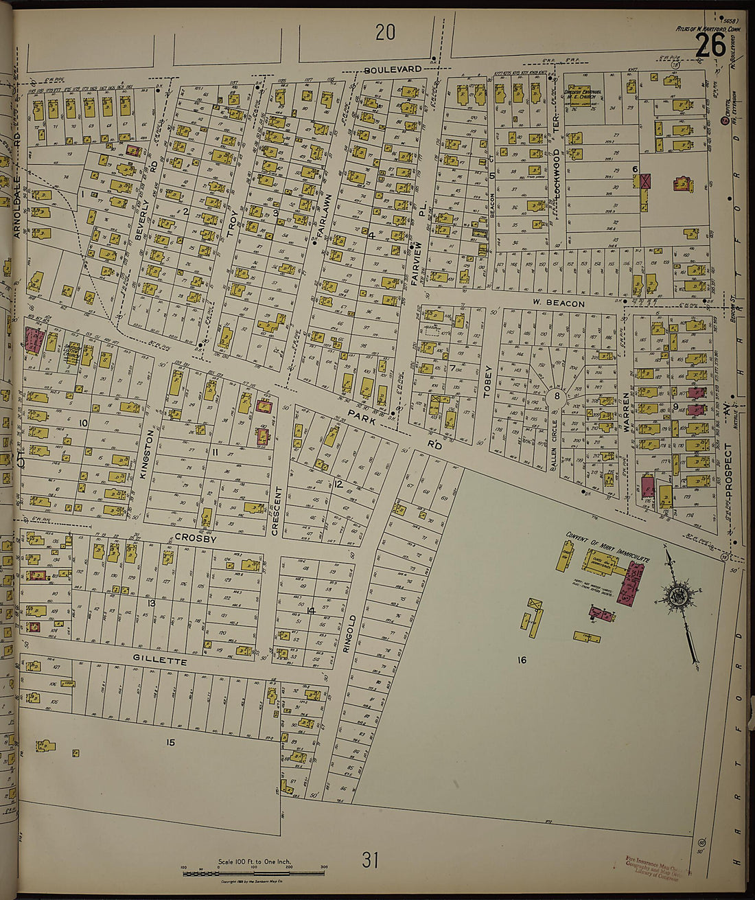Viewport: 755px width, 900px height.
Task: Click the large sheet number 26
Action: [710, 47]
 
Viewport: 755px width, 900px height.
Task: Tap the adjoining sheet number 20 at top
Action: [385, 32]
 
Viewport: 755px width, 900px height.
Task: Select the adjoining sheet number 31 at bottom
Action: [370, 859]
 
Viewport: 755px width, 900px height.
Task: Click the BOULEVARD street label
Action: [393, 70]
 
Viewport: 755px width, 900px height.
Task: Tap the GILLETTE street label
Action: [160, 661]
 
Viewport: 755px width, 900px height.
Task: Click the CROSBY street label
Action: [195, 539]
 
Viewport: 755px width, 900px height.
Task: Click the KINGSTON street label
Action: [144, 453]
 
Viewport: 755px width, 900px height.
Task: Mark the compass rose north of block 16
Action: [679, 595]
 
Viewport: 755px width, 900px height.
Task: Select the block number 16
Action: [522, 660]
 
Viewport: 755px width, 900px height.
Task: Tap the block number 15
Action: [170, 742]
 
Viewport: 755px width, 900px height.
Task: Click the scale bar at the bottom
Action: [253, 873]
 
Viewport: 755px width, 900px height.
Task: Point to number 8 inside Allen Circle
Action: [557, 395]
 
